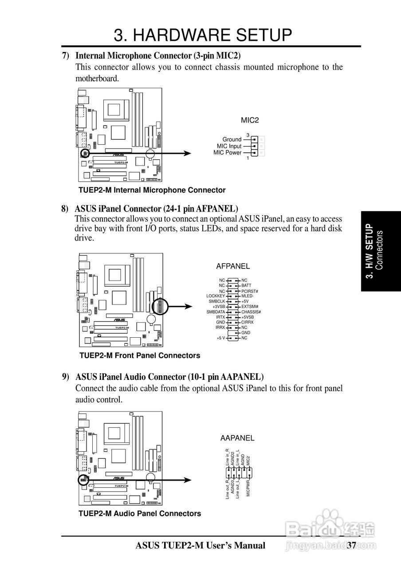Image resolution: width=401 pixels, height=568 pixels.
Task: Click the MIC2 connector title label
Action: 249,120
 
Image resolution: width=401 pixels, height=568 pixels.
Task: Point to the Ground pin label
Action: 232,139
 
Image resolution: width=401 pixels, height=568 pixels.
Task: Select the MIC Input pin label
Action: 229,146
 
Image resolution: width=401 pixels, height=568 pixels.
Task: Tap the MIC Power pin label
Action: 228,153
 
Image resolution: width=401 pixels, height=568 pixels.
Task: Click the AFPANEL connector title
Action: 233,266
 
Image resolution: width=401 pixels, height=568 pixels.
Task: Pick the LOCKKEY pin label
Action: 216,296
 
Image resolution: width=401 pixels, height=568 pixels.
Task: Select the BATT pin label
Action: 247,285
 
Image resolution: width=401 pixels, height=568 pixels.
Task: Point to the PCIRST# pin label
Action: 250,291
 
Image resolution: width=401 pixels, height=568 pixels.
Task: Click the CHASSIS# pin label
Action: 251,312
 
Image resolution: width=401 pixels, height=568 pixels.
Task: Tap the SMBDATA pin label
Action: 216,312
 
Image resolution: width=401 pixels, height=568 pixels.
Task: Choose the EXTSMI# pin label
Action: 250,307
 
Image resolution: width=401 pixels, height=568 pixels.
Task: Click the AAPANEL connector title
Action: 237,438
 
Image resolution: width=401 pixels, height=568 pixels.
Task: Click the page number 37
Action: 352,545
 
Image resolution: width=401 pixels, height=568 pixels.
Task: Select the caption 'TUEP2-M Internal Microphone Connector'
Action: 152,190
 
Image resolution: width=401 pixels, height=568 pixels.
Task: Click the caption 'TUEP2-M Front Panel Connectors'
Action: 140,355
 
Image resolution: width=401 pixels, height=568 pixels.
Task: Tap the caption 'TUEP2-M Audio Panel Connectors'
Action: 140,513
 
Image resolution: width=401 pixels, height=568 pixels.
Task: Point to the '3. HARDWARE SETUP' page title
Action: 203,35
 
